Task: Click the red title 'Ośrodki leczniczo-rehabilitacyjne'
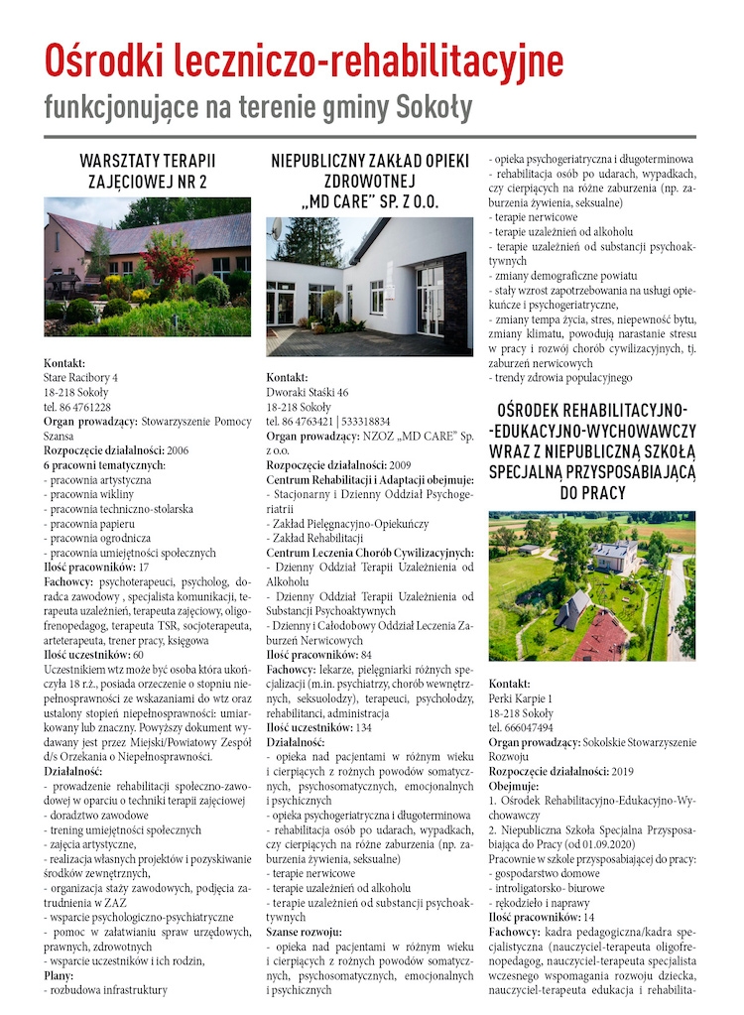pyautogui.click(x=304, y=61)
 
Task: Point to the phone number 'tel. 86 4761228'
pyautogui.click(x=77, y=407)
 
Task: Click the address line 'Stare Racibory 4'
pyautogui.click(x=80, y=378)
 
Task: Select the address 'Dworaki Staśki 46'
pyautogui.click(x=308, y=393)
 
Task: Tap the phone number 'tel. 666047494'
pyautogui.click(x=523, y=727)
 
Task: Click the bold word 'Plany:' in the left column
pyautogui.click(x=59, y=975)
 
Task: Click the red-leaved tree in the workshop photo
pyautogui.click(x=169, y=255)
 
